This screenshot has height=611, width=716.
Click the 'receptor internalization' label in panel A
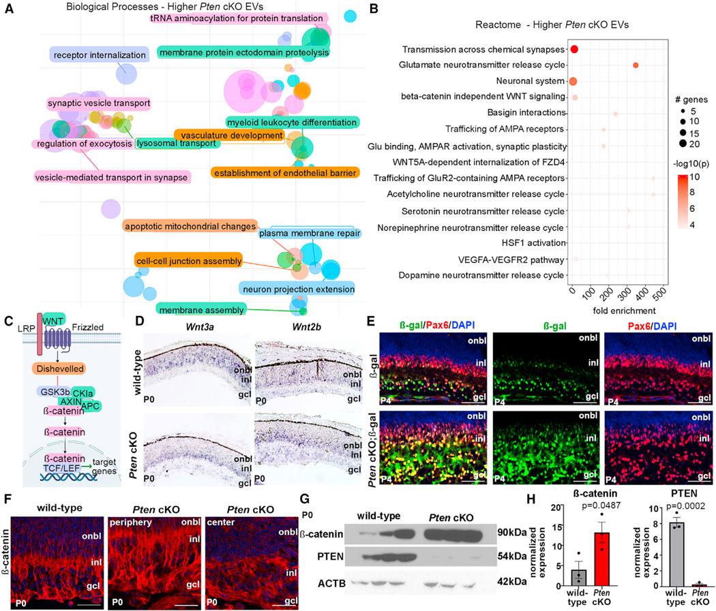tap(99, 54)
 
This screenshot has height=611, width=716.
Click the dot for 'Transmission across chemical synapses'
tap(574, 49)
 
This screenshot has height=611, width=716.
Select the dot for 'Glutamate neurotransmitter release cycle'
tap(636, 65)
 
